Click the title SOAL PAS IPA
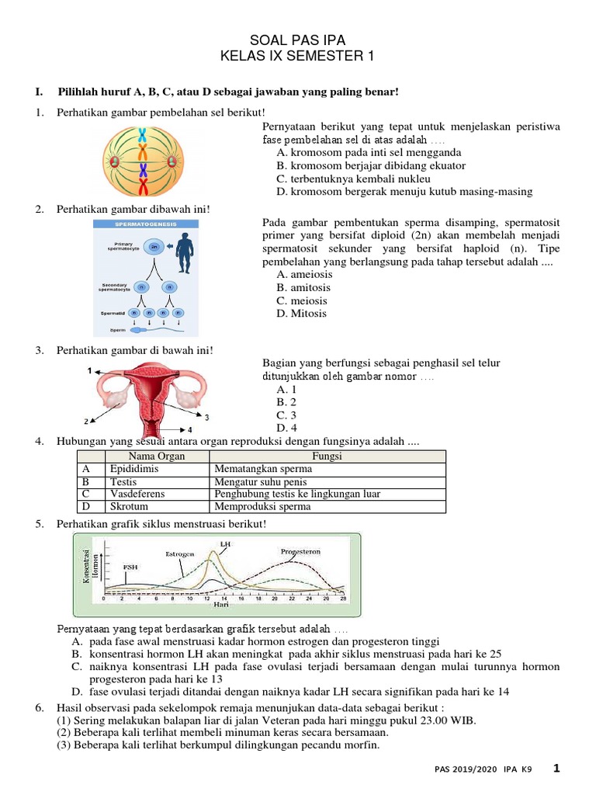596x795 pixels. pos(298,40)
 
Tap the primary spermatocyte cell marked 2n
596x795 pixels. pos(155,247)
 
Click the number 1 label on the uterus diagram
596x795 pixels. pos(89,370)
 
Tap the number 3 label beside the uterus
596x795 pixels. pos(206,417)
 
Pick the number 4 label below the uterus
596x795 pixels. pos(189,429)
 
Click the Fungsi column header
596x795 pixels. pos(327,457)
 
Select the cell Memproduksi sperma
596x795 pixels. pos(262,506)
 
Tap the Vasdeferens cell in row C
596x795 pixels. pos(137,494)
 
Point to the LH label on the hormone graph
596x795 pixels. pos(225,544)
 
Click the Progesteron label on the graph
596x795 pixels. pos(301,552)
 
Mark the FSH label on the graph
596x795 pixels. pos(131,568)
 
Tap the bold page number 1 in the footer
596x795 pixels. pos(556,768)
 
